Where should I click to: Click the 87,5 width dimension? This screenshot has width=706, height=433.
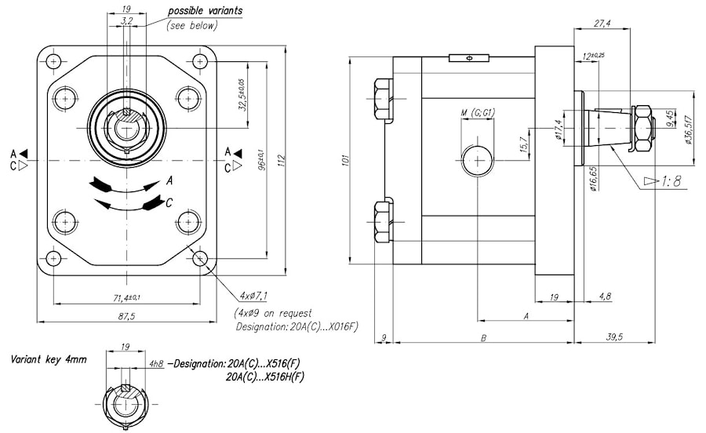(126, 316)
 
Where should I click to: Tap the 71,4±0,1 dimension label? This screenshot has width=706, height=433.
(126, 298)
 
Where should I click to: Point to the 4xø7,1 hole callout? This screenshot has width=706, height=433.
(251, 296)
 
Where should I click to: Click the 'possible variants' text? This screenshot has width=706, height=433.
(205, 11)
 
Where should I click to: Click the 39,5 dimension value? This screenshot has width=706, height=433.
(614, 337)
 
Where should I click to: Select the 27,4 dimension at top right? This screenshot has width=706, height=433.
(602, 24)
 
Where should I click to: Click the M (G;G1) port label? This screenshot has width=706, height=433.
(476, 115)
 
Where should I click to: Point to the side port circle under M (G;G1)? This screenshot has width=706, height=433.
(476, 160)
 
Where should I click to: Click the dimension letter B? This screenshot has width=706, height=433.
(484, 337)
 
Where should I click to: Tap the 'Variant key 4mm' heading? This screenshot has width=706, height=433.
(49, 359)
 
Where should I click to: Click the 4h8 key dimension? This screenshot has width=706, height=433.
(155, 363)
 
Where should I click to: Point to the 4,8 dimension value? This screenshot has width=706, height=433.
(605, 297)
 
